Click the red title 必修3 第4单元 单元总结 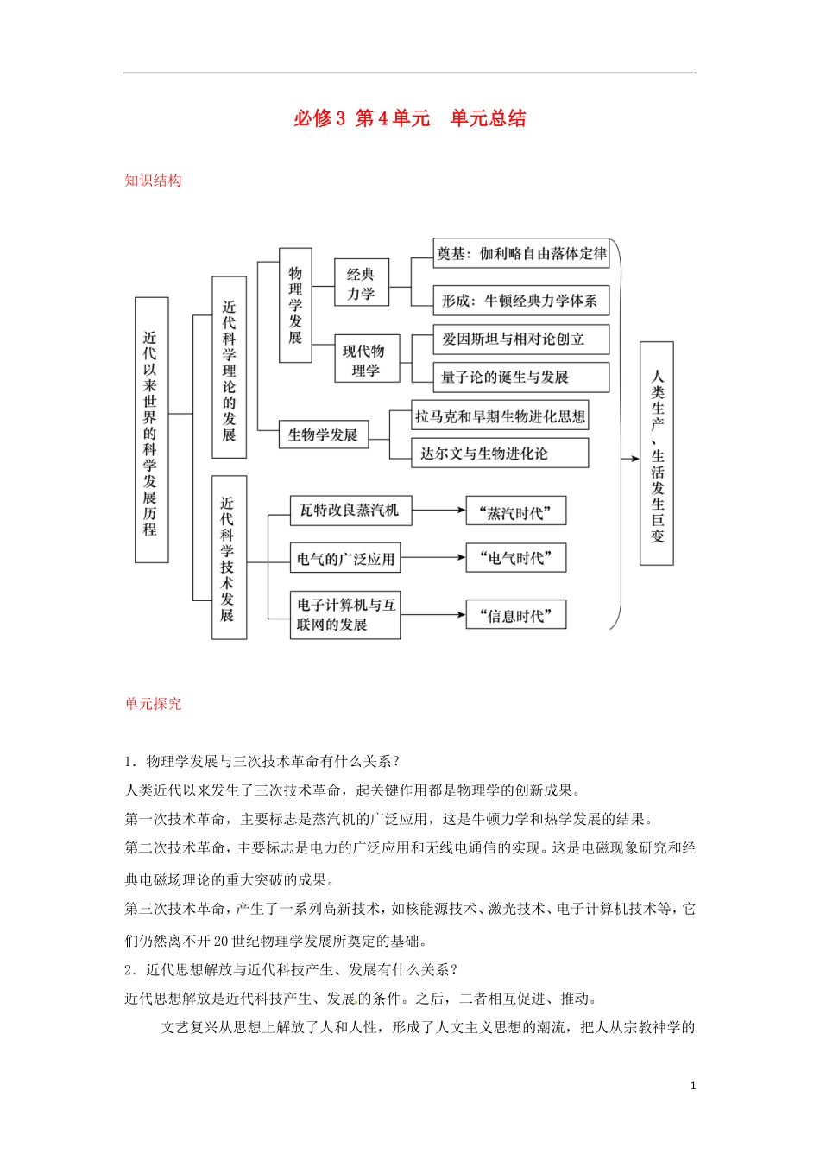[x=410, y=118]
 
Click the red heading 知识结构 [x=153, y=181]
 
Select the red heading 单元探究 [x=153, y=704]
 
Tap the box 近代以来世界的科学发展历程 [x=151, y=430]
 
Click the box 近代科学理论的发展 [x=229, y=367]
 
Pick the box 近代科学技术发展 [x=229, y=557]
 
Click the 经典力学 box [x=362, y=282]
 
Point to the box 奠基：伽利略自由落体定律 [x=521, y=253]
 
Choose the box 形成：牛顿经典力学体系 [x=521, y=301]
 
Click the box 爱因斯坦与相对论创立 [x=521, y=339]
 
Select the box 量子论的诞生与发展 [x=521, y=377]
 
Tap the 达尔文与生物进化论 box [x=500, y=454]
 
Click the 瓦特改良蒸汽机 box [x=350, y=511]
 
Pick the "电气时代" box [x=516, y=558]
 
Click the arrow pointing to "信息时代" [x=433, y=615]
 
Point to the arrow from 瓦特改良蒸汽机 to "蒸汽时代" [x=438, y=511]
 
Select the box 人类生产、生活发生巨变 [x=657, y=454]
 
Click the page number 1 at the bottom [x=693, y=1086]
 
